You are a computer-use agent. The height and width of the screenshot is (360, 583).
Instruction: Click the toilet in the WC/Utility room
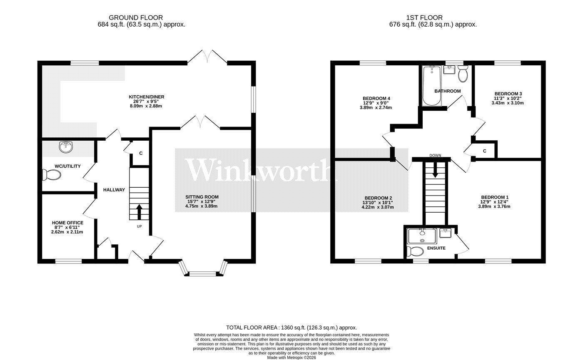(x=51, y=175)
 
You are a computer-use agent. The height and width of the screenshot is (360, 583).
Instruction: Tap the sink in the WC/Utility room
(x=66, y=147)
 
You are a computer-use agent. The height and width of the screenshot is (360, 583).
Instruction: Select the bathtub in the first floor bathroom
(x=432, y=86)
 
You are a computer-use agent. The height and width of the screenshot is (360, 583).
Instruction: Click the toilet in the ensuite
(x=415, y=251)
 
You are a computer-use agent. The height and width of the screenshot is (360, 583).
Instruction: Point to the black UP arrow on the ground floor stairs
(x=139, y=212)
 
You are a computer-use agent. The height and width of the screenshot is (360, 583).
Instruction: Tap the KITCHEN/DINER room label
(x=147, y=97)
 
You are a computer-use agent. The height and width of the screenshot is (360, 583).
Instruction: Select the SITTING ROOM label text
(x=202, y=197)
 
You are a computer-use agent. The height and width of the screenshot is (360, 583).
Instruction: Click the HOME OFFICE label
(x=67, y=223)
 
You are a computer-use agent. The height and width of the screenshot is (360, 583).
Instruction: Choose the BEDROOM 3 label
(x=508, y=94)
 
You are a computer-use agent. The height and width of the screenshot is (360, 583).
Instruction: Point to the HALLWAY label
(x=114, y=190)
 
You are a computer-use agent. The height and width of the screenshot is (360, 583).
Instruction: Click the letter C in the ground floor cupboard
(x=141, y=153)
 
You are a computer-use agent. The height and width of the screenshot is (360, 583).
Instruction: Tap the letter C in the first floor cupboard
(x=485, y=151)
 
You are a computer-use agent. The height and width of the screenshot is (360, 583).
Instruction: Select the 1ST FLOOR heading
(x=424, y=17)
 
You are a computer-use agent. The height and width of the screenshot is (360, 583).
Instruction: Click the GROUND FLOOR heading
(x=136, y=17)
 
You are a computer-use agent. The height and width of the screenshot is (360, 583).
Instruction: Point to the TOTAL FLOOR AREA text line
(x=291, y=328)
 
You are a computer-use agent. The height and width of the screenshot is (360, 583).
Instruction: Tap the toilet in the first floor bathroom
(x=463, y=74)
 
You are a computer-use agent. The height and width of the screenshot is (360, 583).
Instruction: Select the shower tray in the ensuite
(x=422, y=236)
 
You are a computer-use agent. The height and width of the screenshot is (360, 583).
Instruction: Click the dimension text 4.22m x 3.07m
(x=378, y=207)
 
